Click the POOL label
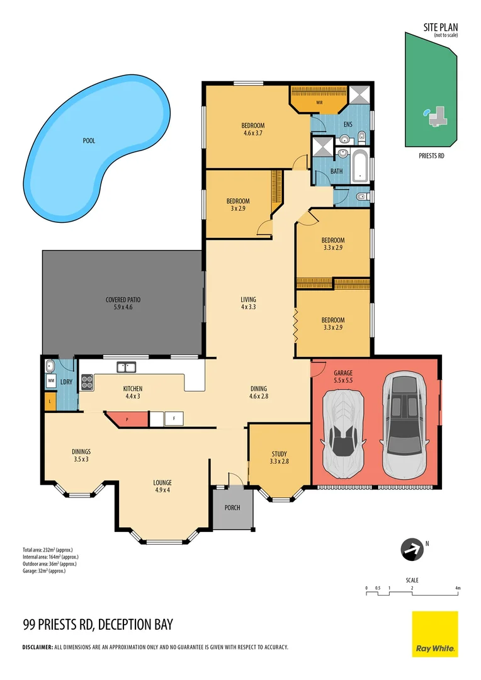pos(89,141)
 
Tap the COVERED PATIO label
pos(123,303)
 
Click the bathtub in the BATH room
pos(361,166)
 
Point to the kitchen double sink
pos(125,366)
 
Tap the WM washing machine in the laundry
pos(51,381)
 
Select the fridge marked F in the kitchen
pos(173,418)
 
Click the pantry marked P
pos(127,418)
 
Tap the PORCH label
pos(232,507)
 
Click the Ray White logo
pos(434,633)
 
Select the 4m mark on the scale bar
pos(458,588)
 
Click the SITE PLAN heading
pos(440,27)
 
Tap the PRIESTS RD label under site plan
pos(431,155)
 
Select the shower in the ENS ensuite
pos(361,94)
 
